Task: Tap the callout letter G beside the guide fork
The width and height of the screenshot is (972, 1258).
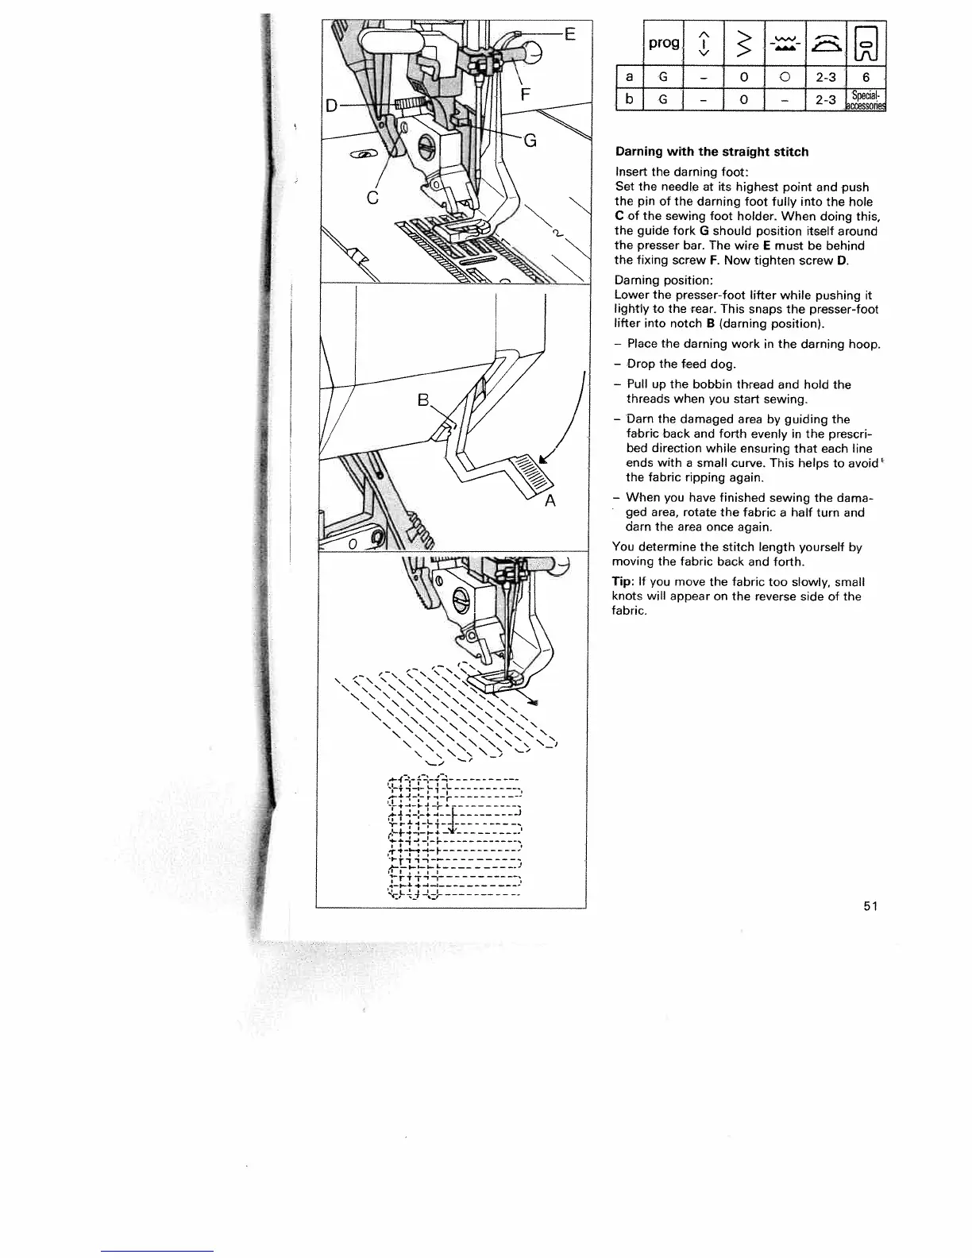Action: [530, 141]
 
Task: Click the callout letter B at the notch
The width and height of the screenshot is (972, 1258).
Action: [423, 399]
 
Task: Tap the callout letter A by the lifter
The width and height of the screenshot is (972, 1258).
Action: [550, 501]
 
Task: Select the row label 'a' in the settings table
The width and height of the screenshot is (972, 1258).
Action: [629, 77]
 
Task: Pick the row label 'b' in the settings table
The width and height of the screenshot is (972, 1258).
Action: [629, 100]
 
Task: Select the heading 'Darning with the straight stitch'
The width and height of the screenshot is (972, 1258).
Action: [712, 152]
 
